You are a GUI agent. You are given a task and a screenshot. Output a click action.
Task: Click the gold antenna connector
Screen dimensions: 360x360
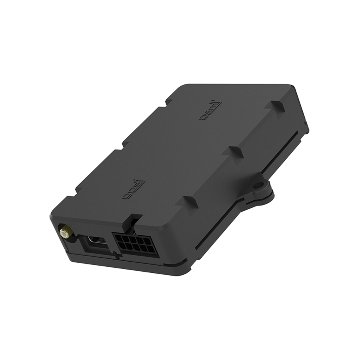click(64, 232)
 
